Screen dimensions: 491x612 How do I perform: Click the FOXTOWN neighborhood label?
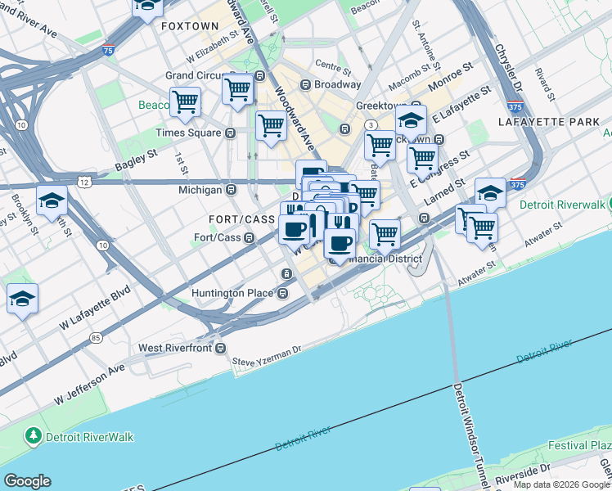click(190, 26)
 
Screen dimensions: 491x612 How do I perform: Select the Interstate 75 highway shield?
click(109, 51)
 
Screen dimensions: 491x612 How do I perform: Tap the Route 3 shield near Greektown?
click(371, 124)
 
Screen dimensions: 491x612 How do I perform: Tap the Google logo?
click(27, 481)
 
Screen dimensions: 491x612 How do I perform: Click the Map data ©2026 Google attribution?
click(561, 484)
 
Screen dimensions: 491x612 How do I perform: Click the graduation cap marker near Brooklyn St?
click(52, 201)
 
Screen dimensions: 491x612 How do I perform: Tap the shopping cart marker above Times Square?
click(186, 102)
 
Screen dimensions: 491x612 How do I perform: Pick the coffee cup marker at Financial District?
click(340, 242)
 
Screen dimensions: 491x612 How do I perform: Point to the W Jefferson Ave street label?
click(90, 385)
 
